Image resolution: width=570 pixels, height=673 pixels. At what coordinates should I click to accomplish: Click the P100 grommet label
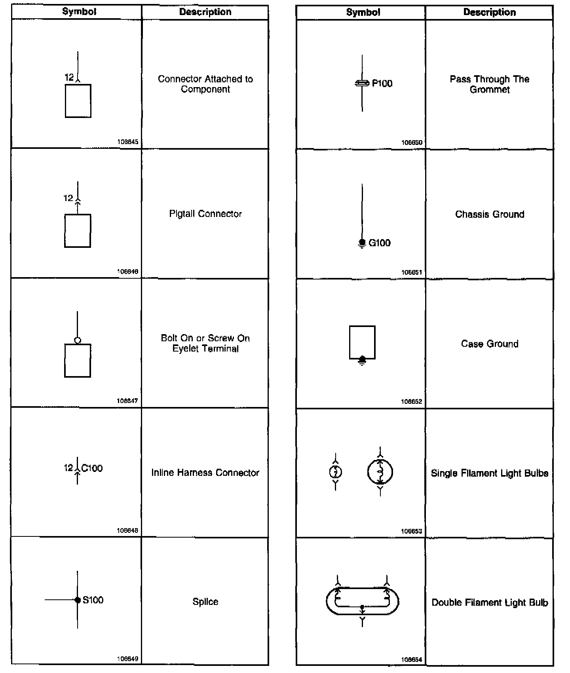[x=382, y=84]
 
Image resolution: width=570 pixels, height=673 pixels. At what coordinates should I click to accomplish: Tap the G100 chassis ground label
[x=379, y=243]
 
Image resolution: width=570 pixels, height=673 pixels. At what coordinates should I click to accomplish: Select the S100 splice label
[x=93, y=600]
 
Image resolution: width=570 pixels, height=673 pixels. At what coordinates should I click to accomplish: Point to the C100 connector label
[x=92, y=468]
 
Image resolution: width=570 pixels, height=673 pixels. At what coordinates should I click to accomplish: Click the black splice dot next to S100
[x=78, y=600]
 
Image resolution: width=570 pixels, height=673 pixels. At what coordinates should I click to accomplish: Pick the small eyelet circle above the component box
[x=78, y=340]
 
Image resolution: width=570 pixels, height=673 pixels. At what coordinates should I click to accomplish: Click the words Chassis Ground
[x=490, y=215]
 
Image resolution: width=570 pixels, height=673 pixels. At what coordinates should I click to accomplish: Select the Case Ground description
[x=490, y=344]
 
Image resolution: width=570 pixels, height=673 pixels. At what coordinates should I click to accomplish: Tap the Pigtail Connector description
[x=205, y=214]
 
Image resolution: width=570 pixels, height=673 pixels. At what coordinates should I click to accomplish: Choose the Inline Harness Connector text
[x=205, y=473]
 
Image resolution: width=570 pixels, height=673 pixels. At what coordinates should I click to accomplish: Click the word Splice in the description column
[x=205, y=602]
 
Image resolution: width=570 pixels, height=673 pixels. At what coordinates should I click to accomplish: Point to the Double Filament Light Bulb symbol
[x=362, y=601]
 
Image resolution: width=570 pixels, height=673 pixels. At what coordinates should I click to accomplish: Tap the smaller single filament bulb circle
[x=336, y=472]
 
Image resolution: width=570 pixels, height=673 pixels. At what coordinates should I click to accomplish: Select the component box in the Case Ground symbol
[x=362, y=342]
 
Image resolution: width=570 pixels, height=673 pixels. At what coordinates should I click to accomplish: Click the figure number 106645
[x=127, y=142]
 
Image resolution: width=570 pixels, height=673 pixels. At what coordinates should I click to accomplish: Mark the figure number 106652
[x=412, y=401]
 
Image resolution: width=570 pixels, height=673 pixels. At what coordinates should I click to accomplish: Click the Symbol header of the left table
[x=79, y=12]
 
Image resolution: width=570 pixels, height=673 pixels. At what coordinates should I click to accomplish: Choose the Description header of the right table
[x=490, y=12]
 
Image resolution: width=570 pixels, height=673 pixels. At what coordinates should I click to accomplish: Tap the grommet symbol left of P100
[x=362, y=84]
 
